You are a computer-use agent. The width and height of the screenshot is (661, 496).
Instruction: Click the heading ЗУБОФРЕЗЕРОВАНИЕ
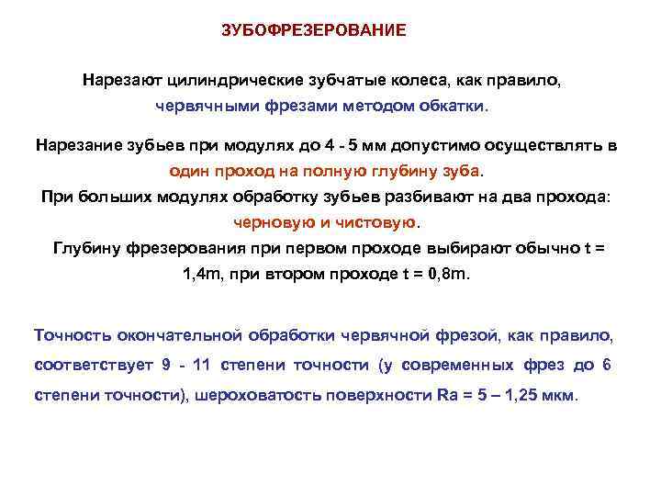pyautogui.click(x=314, y=30)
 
